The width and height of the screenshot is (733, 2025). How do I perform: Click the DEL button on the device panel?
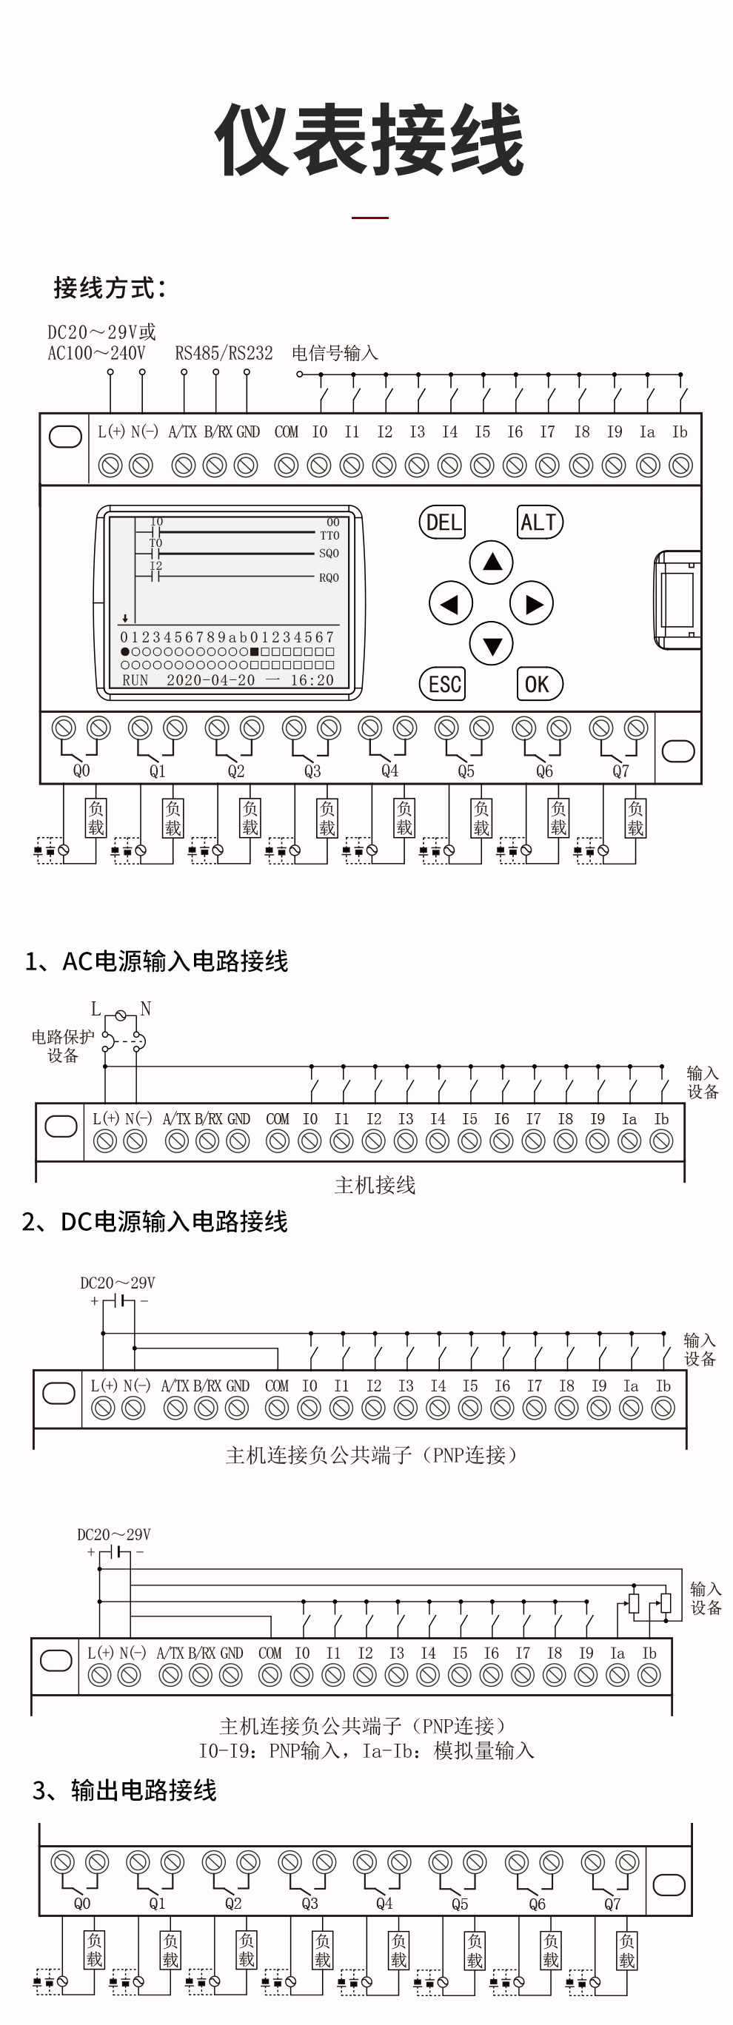pos(443,522)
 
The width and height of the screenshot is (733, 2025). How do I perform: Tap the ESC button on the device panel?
pos(443,684)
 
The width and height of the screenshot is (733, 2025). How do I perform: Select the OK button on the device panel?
pos(539,684)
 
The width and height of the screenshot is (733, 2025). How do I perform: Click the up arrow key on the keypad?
pos(492,562)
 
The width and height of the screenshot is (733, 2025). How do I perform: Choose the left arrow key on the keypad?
pos(451,604)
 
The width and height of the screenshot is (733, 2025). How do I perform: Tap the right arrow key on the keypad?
pos(532,604)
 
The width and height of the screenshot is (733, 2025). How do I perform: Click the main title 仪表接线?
pos(369,141)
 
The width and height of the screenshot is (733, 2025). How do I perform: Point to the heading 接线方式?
pos(110,288)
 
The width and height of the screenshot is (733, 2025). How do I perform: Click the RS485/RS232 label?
pos(224,353)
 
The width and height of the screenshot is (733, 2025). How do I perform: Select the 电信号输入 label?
pos(335,353)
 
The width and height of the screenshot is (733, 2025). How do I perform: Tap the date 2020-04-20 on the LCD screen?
pos(211,680)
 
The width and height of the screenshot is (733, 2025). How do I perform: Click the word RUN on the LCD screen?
pos(135,680)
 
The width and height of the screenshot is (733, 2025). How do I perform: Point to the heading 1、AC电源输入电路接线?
pos(156,961)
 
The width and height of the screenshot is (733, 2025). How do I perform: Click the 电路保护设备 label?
pos(63,1046)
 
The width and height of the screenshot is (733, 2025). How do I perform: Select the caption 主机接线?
pos(375,1185)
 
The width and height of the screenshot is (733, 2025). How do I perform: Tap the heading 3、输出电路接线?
pos(124,1790)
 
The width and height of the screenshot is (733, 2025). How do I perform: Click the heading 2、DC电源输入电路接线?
pos(155,1220)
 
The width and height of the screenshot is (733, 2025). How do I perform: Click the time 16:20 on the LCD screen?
pos(312,680)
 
